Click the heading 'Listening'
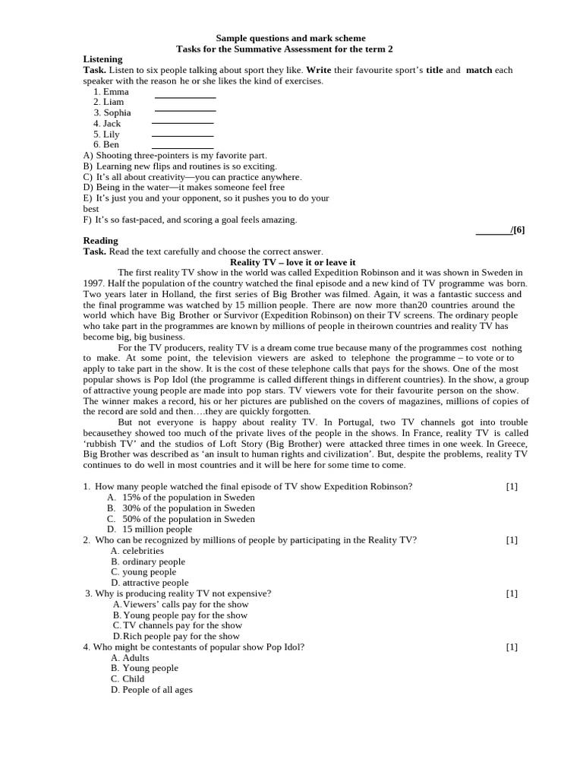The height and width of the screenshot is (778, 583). click(x=102, y=59)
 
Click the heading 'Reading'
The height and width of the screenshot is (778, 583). click(x=100, y=241)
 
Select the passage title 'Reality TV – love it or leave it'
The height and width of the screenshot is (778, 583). click(x=292, y=262)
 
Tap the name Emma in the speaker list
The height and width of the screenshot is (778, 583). click(x=115, y=92)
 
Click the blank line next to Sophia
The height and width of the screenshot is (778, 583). click(x=185, y=111)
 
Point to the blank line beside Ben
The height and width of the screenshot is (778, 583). click(x=182, y=147)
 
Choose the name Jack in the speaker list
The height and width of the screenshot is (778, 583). click(x=112, y=123)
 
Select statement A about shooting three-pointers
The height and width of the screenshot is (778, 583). click(x=175, y=155)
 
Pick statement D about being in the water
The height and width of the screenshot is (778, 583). click(x=184, y=187)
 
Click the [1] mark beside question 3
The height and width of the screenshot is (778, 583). click(x=512, y=593)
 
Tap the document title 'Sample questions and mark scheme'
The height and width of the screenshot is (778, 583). click(x=291, y=38)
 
